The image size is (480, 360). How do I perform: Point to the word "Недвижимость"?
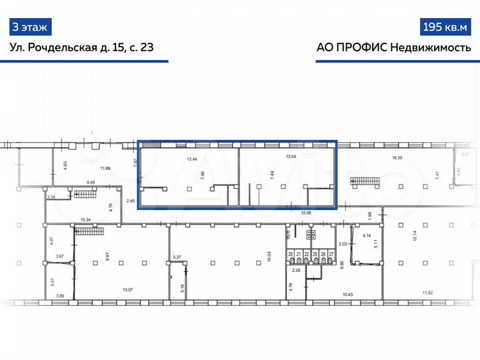coord(431,48)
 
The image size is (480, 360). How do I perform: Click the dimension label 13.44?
coord(193,159)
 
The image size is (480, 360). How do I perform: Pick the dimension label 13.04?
coord(291,157)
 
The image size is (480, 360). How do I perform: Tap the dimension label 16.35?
coord(399,158)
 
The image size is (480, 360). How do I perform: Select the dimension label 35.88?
coord(307,213)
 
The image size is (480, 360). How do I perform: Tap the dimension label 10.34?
coord(85,219)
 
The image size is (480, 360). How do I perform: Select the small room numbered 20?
coord(291,254)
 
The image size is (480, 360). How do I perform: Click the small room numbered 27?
coord(331,254)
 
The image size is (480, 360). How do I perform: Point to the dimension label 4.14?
coord(366,236)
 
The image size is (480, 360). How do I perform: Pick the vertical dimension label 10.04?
coord(270,256)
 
